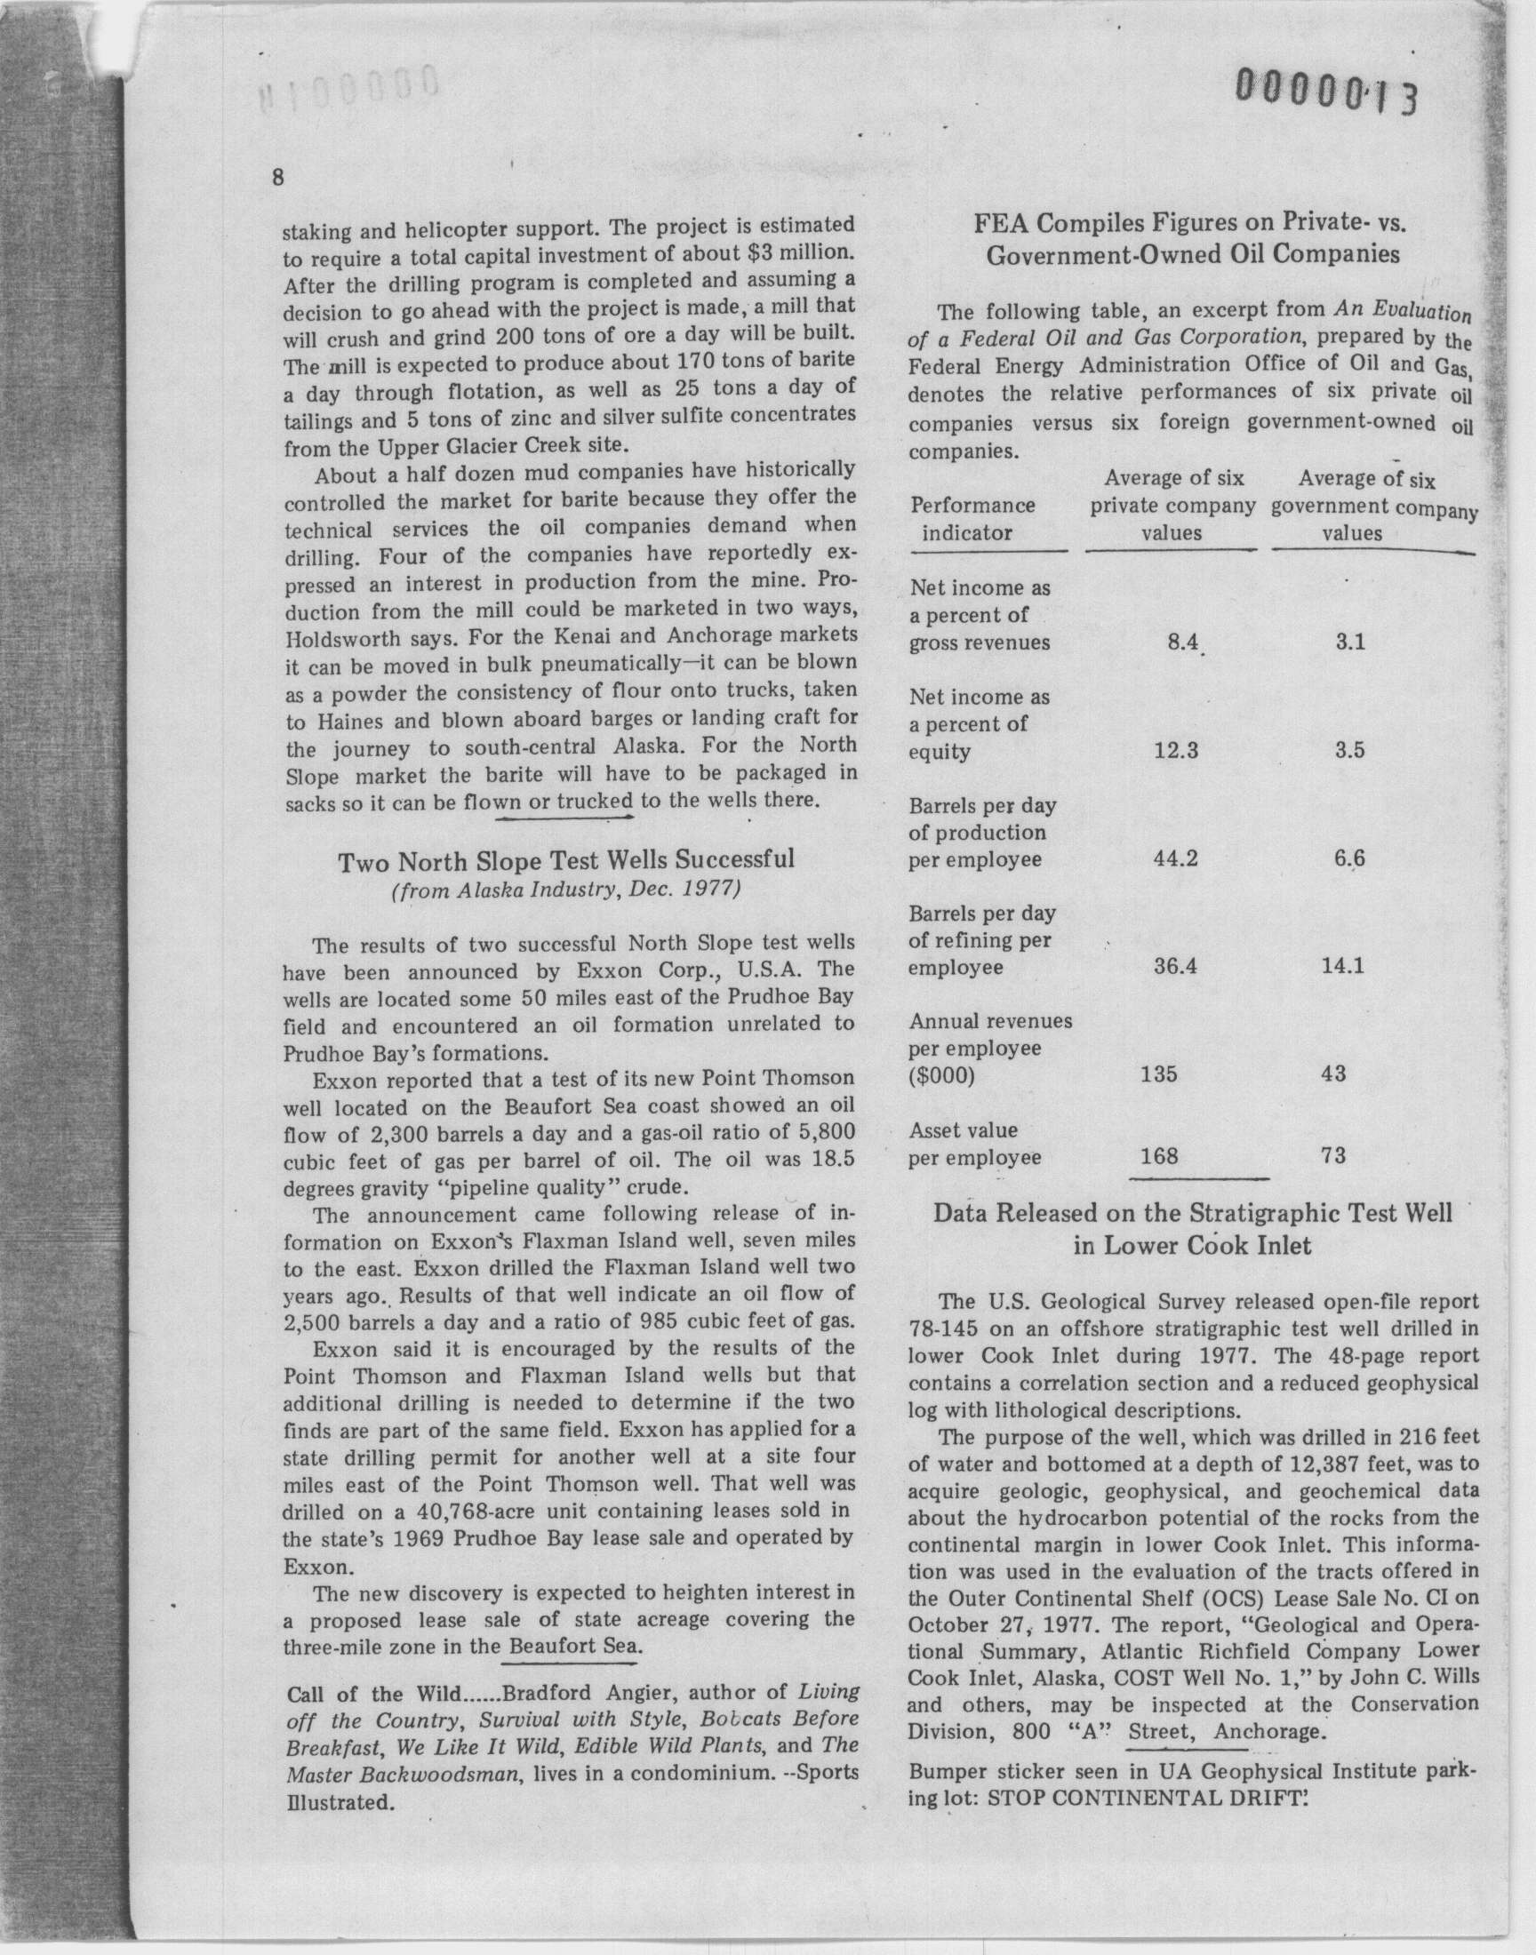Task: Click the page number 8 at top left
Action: pyautogui.click(x=279, y=177)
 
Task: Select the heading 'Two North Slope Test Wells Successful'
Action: pyautogui.click(x=565, y=860)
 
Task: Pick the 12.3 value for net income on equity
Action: pyautogui.click(x=1175, y=750)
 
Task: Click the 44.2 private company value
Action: pyautogui.click(x=1175, y=858)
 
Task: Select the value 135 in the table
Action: pyautogui.click(x=1158, y=1073)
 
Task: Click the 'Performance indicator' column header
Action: pyautogui.click(x=972, y=519)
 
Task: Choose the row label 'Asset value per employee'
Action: pyautogui.click(x=974, y=1144)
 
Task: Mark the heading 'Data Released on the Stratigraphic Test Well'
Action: pyautogui.click(x=1192, y=1214)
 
